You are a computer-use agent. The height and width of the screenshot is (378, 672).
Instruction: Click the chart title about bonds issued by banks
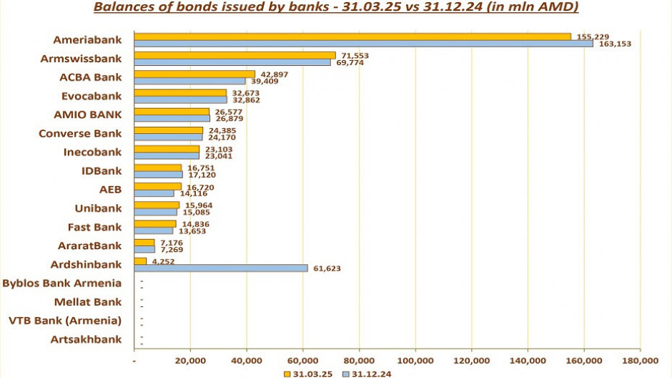point(335,8)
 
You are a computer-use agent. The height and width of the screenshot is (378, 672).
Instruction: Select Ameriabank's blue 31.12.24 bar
point(363,44)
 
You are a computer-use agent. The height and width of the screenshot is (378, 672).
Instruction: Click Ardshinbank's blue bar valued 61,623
point(221,268)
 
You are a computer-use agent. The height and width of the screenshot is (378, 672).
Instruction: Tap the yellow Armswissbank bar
point(234,55)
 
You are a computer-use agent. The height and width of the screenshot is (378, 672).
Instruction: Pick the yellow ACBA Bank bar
point(194,74)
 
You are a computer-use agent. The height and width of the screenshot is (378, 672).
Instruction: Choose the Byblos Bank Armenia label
point(61,283)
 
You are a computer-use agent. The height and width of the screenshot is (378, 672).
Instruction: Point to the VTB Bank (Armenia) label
point(64,320)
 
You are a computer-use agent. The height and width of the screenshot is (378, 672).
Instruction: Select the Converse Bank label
point(80,133)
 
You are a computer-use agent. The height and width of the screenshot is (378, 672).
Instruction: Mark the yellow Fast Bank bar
point(155,223)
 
